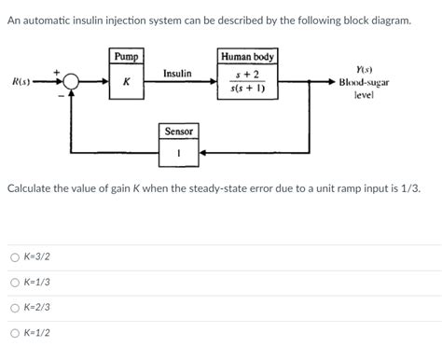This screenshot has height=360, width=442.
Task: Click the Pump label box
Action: click(x=126, y=57)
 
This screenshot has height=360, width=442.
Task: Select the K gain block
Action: click(x=126, y=82)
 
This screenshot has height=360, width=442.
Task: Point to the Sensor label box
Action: click(x=178, y=132)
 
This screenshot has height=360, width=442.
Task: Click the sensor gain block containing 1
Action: click(x=178, y=152)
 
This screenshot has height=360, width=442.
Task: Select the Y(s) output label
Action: click(x=364, y=69)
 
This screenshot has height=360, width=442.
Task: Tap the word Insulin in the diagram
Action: click(x=177, y=73)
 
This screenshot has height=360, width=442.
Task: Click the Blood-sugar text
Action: click(x=364, y=82)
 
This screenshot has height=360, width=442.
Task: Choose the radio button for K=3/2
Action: click(x=15, y=256)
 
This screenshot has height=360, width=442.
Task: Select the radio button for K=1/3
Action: click(x=15, y=283)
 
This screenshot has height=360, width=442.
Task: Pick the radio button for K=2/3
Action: click(x=15, y=307)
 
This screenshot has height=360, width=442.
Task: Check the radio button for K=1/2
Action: click(x=15, y=333)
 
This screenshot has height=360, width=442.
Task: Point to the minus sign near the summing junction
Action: click(x=64, y=99)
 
